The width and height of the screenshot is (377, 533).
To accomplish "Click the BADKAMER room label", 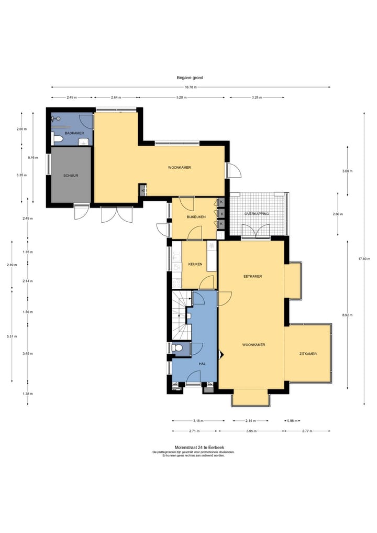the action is pyautogui.click(x=74, y=133).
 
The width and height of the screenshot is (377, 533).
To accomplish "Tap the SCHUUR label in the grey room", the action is pyautogui.click(x=71, y=176).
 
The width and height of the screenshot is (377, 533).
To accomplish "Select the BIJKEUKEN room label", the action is pyautogui.click(x=196, y=217).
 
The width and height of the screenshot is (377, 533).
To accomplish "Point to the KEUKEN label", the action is pyautogui.click(x=195, y=264).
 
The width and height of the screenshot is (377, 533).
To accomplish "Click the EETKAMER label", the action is pyautogui.click(x=253, y=276).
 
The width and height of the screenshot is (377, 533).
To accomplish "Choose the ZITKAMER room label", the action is pyautogui.click(x=308, y=354).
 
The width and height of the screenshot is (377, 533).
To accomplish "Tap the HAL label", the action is pyautogui.click(x=203, y=364).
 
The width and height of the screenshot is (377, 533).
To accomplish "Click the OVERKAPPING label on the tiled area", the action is pyautogui.click(x=257, y=214).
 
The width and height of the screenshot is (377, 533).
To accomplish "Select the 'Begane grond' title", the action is pyautogui.click(x=190, y=78).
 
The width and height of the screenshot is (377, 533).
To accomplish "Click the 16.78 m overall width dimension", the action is pyautogui.click(x=190, y=87).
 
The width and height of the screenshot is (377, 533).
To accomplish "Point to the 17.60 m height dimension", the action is pyautogui.click(x=364, y=259).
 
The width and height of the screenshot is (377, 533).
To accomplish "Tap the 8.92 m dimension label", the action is pyautogui.click(x=348, y=315).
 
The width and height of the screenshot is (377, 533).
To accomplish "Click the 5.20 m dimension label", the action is pyautogui.click(x=182, y=97).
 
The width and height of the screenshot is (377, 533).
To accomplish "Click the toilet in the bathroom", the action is pyautogui.click(x=58, y=139).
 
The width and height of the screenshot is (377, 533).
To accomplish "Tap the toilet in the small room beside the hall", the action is pyautogui.click(x=176, y=348).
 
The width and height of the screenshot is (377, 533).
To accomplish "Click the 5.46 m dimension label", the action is pyautogui.click(x=33, y=158).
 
